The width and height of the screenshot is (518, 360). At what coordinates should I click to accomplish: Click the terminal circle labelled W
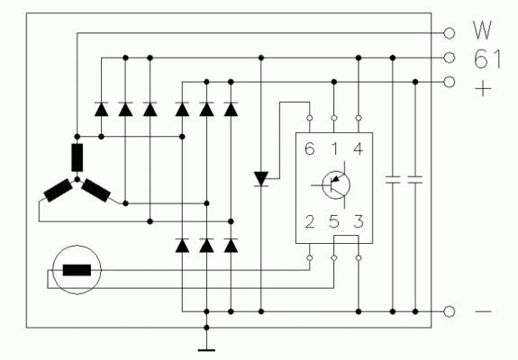(x=449, y=33)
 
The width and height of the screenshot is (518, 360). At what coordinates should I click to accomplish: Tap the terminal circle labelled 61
(x=449, y=58)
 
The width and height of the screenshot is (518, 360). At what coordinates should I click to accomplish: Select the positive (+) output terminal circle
(x=449, y=82)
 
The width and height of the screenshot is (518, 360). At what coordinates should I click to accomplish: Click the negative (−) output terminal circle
(x=449, y=311)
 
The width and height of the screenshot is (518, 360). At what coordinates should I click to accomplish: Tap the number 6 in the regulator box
(x=310, y=148)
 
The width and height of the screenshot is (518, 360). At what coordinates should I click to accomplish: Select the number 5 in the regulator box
(x=334, y=221)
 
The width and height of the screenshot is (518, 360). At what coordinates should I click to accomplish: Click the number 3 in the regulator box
(x=359, y=221)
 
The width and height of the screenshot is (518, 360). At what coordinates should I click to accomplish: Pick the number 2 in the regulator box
(x=310, y=221)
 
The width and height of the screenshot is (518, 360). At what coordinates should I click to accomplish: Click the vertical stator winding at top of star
(x=77, y=157)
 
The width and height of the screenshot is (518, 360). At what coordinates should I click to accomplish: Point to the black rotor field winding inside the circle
(x=77, y=270)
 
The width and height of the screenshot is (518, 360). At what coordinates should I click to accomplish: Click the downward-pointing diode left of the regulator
(x=261, y=179)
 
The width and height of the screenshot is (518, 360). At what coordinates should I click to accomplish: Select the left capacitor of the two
(x=393, y=180)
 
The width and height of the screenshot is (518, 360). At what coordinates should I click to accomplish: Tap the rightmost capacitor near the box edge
(x=415, y=180)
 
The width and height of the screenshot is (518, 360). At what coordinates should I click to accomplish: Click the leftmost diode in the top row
(x=102, y=109)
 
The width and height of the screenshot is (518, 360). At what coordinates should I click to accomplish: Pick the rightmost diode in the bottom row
(x=231, y=246)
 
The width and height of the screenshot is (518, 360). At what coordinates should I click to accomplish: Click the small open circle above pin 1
(x=334, y=118)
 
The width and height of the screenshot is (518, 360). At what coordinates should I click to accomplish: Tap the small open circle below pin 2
(x=310, y=257)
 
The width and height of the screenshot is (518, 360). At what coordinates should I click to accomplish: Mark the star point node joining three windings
(x=77, y=179)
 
